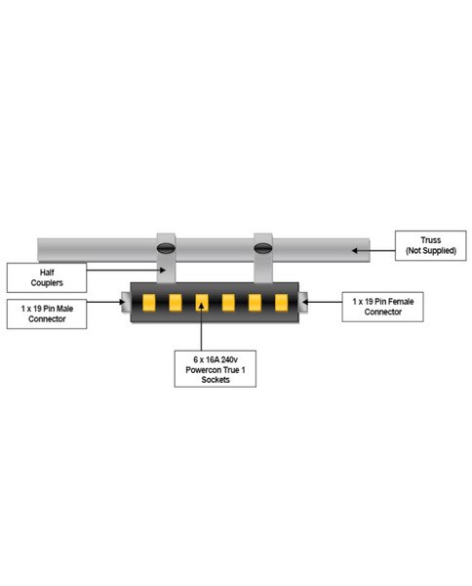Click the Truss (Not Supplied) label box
click(431, 245)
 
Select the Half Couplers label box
click(47, 277)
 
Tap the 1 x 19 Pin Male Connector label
click(47, 314)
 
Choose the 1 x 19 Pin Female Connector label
click(383, 307)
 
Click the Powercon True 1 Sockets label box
click(216, 369)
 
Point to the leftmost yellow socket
click(149, 303)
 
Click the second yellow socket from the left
click(176, 303)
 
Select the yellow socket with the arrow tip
click(202, 303)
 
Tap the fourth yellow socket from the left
click(228, 303)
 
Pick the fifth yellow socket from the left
click(255, 303)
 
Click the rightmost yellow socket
click(281, 303)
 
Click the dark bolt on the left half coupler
click(166, 248)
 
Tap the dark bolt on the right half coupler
click(262, 248)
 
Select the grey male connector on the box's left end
click(126, 302)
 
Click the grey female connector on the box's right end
click(303, 302)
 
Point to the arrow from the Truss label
click(374, 250)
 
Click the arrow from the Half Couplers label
click(126, 270)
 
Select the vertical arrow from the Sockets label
click(202, 326)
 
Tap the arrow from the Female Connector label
click(322, 302)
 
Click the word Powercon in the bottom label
click(203, 370)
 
